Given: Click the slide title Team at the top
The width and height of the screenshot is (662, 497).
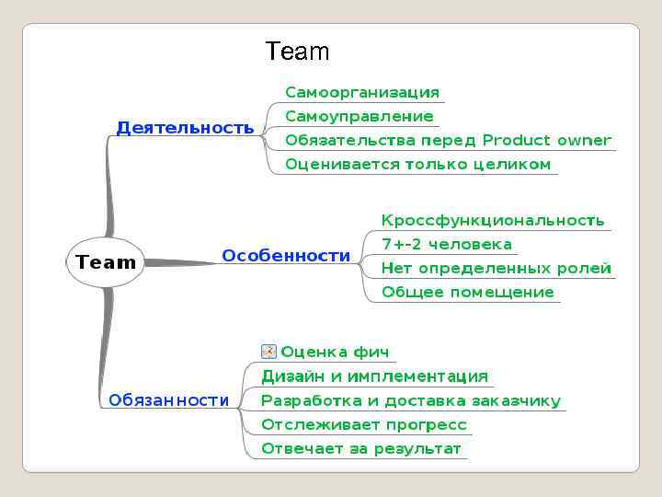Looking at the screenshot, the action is [x=296, y=52].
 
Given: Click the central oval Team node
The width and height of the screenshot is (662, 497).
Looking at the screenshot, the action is [x=106, y=262].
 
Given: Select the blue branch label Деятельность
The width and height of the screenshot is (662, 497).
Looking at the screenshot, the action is [x=185, y=128].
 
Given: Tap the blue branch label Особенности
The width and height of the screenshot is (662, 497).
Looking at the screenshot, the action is [x=286, y=256].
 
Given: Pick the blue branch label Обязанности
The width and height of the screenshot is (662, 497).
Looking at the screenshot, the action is [x=168, y=400].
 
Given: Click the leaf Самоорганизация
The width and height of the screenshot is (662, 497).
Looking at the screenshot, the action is [x=362, y=92].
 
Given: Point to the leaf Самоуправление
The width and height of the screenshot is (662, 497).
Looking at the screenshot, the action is [x=359, y=116].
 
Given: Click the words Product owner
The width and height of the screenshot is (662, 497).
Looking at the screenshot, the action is [x=546, y=140].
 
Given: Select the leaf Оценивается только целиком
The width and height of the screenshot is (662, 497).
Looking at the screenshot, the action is [x=417, y=165].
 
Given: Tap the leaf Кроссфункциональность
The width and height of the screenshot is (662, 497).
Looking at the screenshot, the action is [x=493, y=220].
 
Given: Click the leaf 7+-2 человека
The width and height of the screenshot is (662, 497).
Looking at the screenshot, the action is [x=447, y=244].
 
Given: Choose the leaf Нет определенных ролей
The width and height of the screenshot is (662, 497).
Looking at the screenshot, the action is [x=496, y=268].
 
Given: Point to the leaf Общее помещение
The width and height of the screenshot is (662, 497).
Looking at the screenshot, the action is [x=468, y=292].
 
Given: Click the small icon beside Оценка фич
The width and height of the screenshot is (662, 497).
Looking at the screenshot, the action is [x=268, y=352].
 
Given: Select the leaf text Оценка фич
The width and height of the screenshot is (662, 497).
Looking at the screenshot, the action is [x=335, y=352].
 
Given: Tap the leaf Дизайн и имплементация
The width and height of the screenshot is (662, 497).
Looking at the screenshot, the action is [x=374, y=376].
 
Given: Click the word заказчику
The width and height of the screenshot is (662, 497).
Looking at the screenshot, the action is [x=518, y=400].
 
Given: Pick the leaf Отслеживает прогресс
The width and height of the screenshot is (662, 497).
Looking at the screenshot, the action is [x=364, y=424].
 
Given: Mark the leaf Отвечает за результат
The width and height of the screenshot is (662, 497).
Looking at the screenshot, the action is [x=361, y=449].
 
